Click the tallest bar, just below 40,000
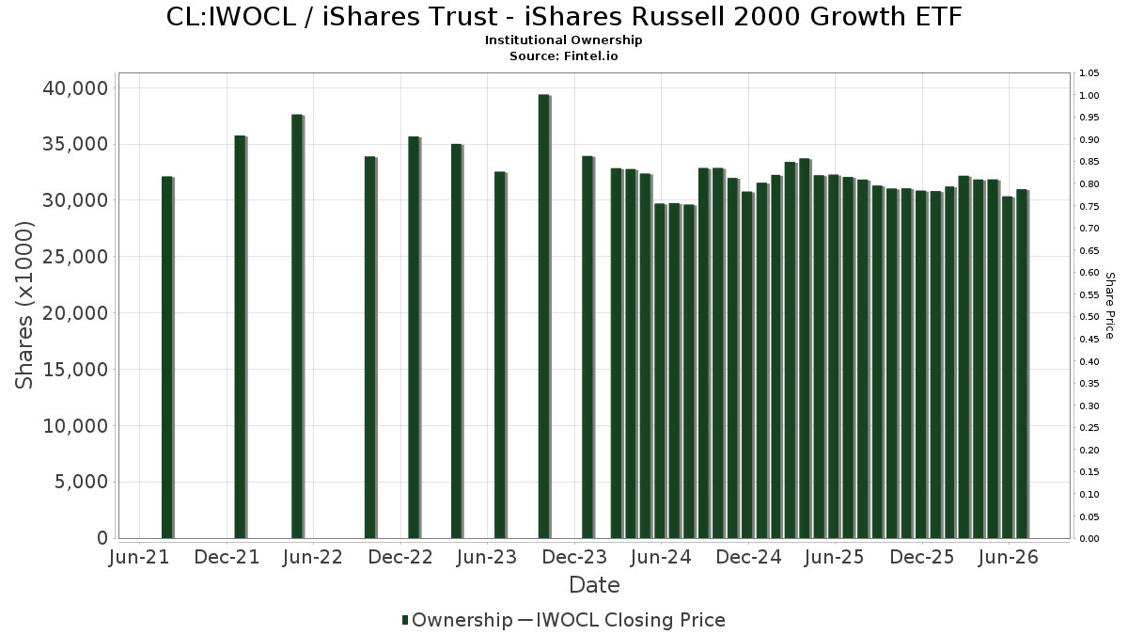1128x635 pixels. click(x=544, y=316)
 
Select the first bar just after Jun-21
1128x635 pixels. click(x=167, y=357)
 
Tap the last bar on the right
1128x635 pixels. click(x=1023, y=364)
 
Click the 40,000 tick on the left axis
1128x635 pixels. click(x=75, y=88)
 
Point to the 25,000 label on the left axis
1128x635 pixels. click(x=75, y=257)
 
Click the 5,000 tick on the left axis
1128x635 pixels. click(x=81, y=483)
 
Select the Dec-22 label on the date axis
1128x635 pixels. click(x=400, y=557)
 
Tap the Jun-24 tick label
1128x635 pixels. click(x=661, y=557)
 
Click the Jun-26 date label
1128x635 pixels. click(x=1008, y=557)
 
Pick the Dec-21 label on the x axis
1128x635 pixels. click(x=227, y=557)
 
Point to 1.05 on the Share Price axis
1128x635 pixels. click(x=1089, y=73)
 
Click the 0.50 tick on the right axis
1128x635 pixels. click(x=1089, y=317)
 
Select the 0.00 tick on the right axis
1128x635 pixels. click(x=1089, y=539)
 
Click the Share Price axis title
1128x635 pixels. click(x=1110, y=306)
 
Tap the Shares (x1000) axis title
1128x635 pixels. click(x=24, y=306)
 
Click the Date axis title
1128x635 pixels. click(x=594, y=585)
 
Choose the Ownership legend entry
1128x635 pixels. click(x=457, y=620)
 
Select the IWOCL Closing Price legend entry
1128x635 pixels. click(x=621, y=620)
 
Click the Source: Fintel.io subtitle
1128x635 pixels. click(x=563, y=56)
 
